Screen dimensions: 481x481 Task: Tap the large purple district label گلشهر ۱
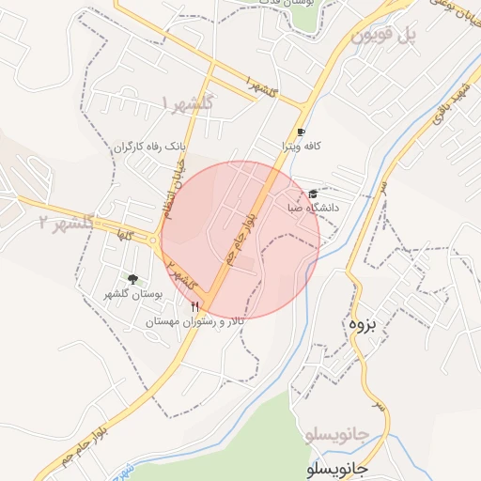[x=189, y=101]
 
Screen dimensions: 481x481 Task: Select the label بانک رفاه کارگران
[x=152, y=147]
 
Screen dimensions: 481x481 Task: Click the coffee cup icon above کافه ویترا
[x=301, y=132]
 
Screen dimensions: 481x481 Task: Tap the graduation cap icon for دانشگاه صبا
[x=313, y=194]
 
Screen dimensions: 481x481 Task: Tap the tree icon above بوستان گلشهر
[x=132, y=278]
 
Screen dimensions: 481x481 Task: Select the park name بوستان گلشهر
[x=133, y=294]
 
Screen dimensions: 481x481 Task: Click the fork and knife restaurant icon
[x=194, y=307]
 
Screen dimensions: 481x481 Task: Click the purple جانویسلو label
[x=339, y=435]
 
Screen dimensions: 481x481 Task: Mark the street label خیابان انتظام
[x=174, y=189]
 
